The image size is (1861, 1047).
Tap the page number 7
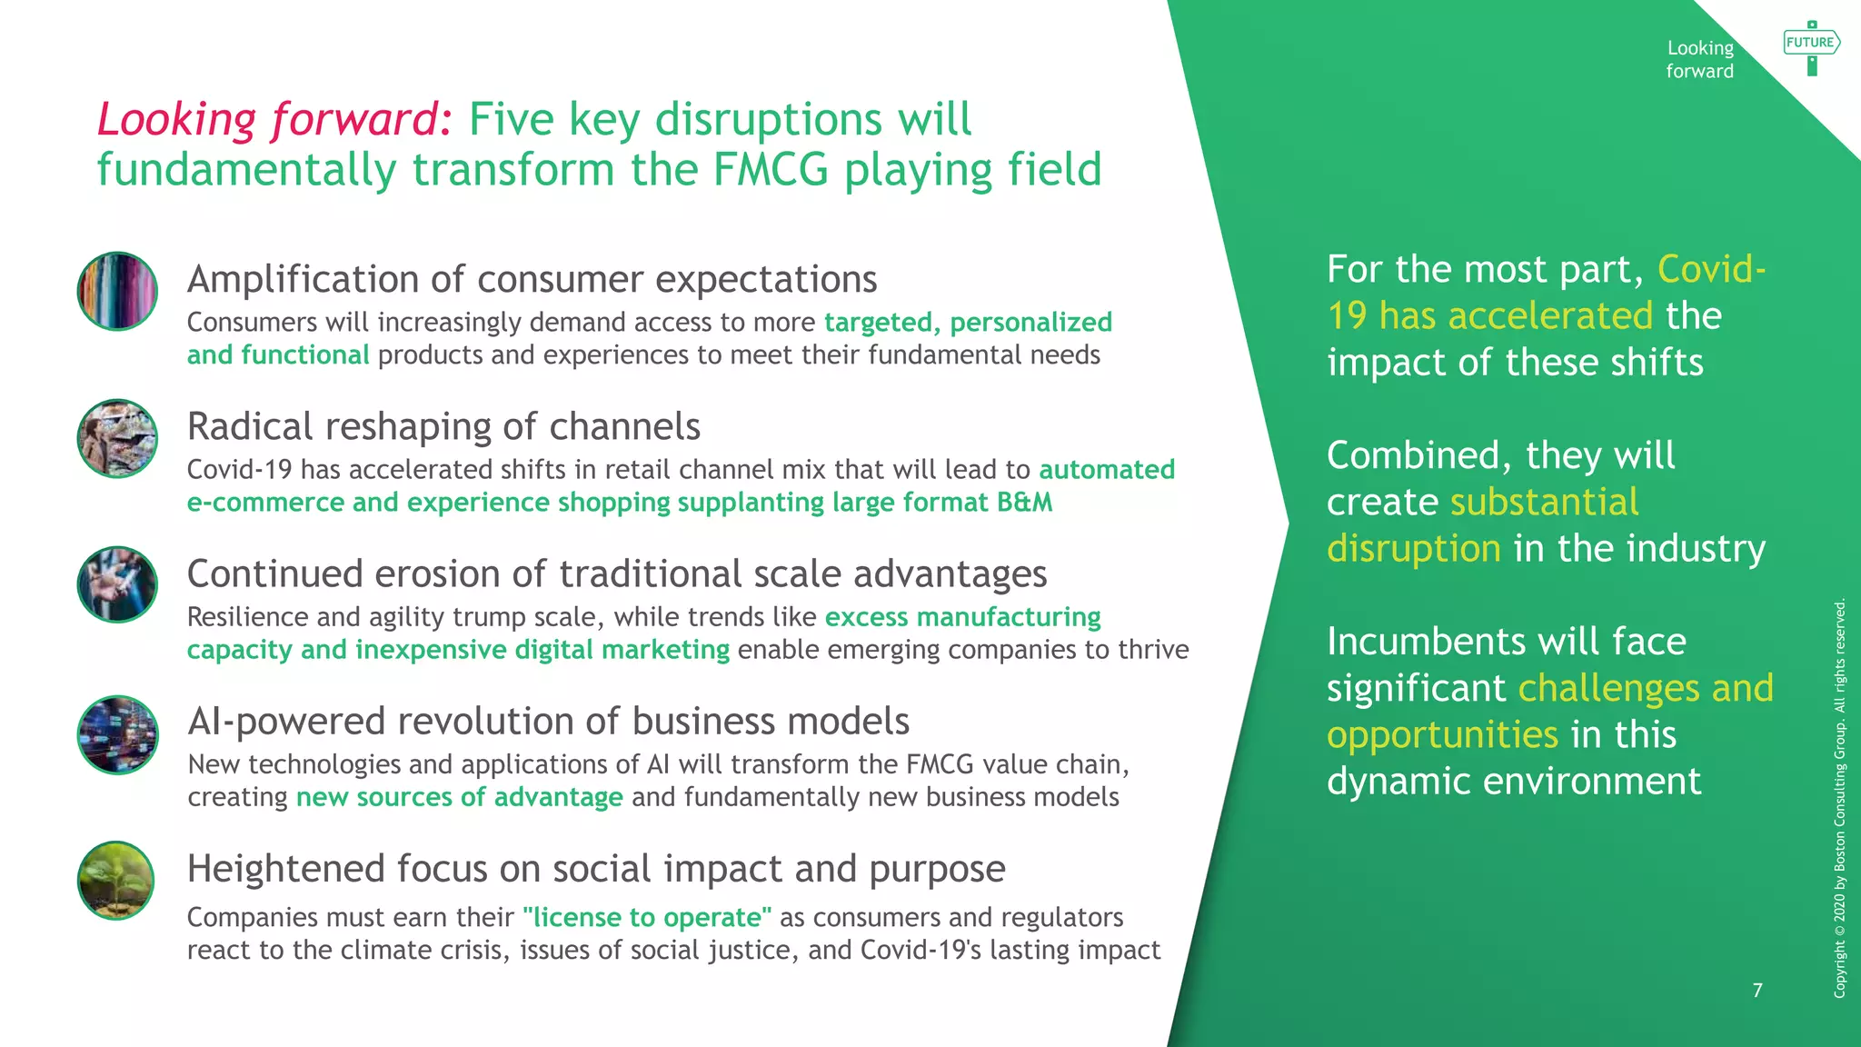click(1757, 990)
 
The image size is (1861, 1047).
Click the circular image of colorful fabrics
click(117, 291)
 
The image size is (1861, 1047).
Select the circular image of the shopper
click(117, 438)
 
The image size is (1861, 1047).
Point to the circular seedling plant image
click(116, 880)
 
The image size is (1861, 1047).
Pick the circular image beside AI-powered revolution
click(117, 734)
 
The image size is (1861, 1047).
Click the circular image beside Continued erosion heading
click(117, 584)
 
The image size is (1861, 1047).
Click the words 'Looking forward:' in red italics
click(274, 119)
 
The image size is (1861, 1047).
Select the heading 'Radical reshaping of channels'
click(443, 426)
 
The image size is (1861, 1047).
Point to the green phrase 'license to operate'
click(646, 917)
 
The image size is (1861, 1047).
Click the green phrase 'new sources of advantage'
click(459, 797)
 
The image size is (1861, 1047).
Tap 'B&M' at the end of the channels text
click(1024, 503)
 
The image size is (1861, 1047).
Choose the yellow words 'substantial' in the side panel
click(1544, 502)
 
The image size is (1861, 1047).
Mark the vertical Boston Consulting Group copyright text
click(1839, 798)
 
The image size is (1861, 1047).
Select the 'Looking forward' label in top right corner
click(1699, 59)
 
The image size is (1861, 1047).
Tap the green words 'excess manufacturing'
click(962, 617)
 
